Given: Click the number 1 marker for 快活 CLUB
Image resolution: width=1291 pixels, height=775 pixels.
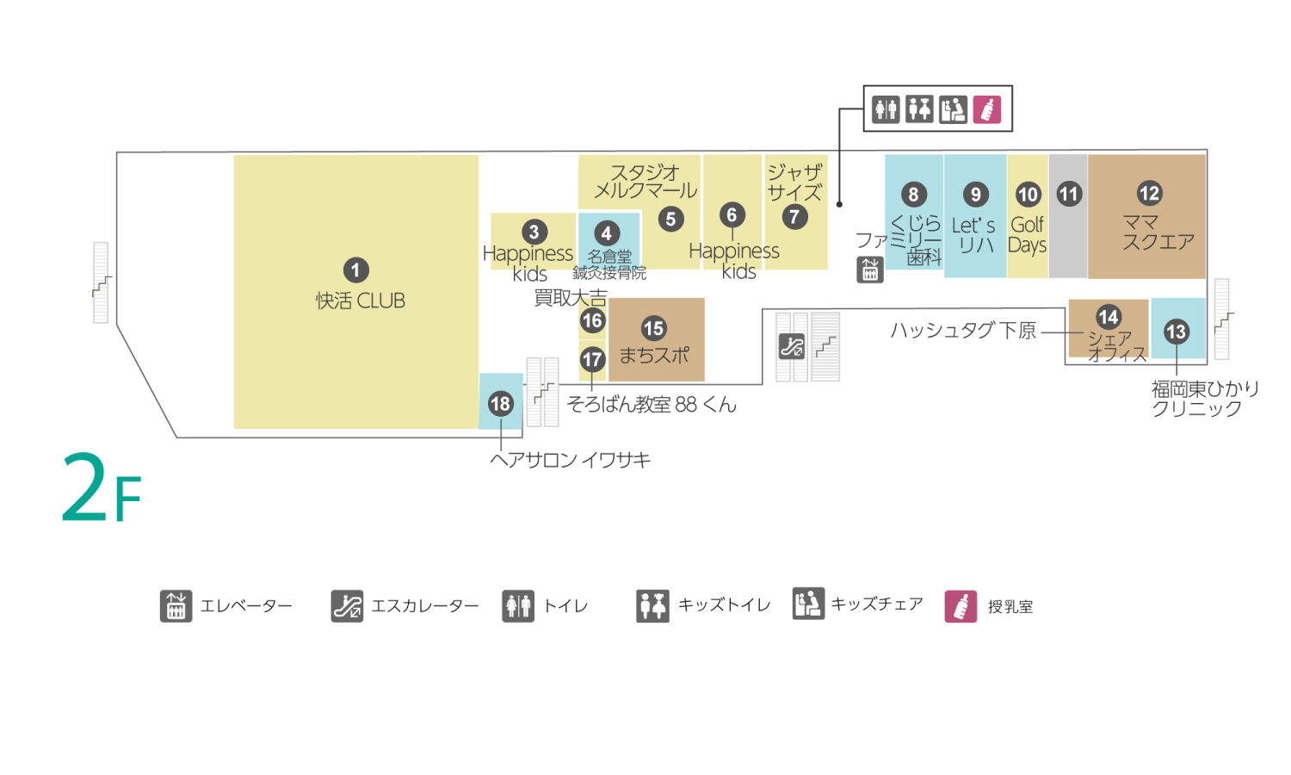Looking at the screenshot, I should (x=355, y=270).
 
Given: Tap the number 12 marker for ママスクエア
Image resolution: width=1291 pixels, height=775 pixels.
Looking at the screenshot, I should (x=1149, y=193).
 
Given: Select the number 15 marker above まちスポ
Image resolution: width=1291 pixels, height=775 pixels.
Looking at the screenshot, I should (x=653, y=328).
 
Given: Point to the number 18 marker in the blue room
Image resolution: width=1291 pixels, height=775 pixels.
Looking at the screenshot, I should (x=500, y=403).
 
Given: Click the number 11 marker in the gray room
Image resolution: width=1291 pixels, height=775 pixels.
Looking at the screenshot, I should (x=1069, y=194).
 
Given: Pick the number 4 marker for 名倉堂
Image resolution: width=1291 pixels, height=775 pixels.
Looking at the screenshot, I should (x=607, y=233).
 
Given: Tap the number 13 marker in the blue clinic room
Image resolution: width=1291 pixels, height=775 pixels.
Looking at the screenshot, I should (x=1176, y=332).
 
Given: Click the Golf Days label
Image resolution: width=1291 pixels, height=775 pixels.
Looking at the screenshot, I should (x=1028, y=235).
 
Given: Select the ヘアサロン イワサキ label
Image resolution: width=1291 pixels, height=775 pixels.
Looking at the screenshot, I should (x=570, y=460).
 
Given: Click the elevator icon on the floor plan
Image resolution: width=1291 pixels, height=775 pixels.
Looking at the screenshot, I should (x=870, y=270).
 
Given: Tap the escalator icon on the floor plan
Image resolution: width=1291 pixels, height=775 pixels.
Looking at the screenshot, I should (x=791, y=346).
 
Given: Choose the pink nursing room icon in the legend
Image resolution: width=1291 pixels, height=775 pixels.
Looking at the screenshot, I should (x=961, y=606).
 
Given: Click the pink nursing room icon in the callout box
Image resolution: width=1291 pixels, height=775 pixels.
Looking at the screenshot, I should (x=987, y=109).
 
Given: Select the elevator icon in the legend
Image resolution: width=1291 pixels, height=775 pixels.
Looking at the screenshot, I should (x=176, y=605).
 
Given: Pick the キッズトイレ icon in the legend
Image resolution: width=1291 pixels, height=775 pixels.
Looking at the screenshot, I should (x=652, y=605).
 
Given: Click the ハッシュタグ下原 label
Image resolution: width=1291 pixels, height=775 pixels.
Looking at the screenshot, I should (x=963, y=331).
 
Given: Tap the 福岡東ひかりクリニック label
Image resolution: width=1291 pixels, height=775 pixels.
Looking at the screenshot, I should (x=1205, y=399).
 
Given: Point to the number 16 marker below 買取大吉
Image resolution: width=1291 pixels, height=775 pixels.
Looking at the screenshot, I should (x=592, y=321).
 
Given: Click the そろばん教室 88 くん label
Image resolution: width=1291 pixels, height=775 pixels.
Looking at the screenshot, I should (x=652, y=405).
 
